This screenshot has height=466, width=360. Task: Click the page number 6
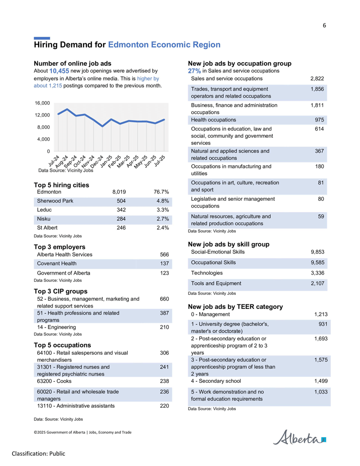pyautogui.click(x=324, y=26)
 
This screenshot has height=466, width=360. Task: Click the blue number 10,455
pyautogui.click(x=59, y=71)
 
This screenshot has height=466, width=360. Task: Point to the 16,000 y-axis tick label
pyautogui.click(x=42, y=103)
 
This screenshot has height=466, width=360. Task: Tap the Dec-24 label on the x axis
pyautogui.click(x=97, y=161)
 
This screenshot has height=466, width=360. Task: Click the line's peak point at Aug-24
pyautogui.click(x=67, y=109)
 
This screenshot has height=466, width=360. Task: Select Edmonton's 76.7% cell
pyautogui.click(x=161, y=192)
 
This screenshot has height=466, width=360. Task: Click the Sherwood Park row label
pyautogui.click(x=55, y=201)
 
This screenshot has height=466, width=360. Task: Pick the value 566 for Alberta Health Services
pyautogui.click(x=164, y=255)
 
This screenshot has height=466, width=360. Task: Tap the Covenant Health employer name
pyautogui.click(x=57, y=263)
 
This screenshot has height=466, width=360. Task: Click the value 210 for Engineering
pyautogui.click(x=164, y=327)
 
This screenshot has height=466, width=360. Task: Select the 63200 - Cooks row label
pyautogui.click(x=54, y=381)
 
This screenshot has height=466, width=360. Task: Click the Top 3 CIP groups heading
pyautogui.click(x=61, y=291)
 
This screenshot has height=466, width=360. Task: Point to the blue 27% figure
pyautogui.click(x=194, y=71)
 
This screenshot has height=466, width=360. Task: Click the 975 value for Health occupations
pyautogui.click(x=319, y=120)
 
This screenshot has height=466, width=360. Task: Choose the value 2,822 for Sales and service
pyautogui.click(x=317, y=79)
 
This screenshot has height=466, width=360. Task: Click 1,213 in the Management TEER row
pyautogui.click(x=321, y=314)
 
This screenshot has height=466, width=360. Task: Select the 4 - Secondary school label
pyautogui.click(x=216, y=381)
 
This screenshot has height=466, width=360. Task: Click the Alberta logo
pyautogui.click(x=299, y=437)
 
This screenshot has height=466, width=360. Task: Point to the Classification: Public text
pyautogui.click(x=38, y=454)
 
